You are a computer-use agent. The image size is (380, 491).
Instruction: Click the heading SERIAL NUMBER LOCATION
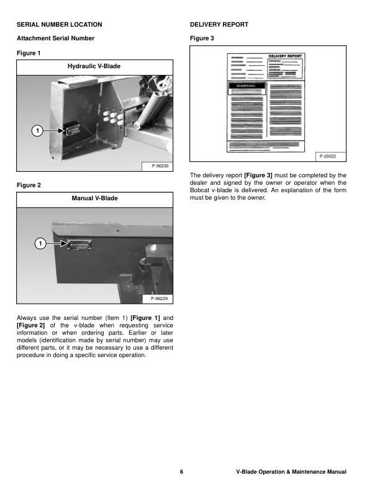click(59, 24)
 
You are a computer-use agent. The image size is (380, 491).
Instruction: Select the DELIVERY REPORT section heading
click(219, 24)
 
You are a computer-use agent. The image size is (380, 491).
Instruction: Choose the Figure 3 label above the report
click(202, 38)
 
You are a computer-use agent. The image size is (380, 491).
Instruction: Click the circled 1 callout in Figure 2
click(38, 244)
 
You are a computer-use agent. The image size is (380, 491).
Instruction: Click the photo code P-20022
click(327, 156)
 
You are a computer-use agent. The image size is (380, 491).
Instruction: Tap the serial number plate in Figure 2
click(78, 244)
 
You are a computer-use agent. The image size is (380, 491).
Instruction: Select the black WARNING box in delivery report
click(247, 86)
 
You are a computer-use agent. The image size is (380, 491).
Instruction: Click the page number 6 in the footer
click(181, 472)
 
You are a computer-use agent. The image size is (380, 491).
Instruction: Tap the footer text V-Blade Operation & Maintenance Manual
click(291, 472)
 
